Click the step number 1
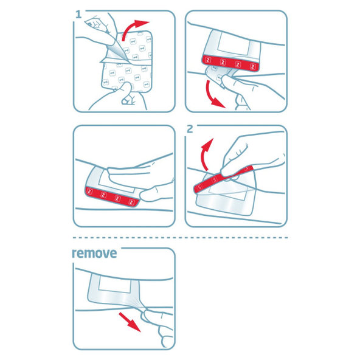pyautogui.click(x=78, y=14)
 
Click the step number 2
pyautogui.click(x=190, y=130)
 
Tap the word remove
pyautogui.click(x=94, y=252)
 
